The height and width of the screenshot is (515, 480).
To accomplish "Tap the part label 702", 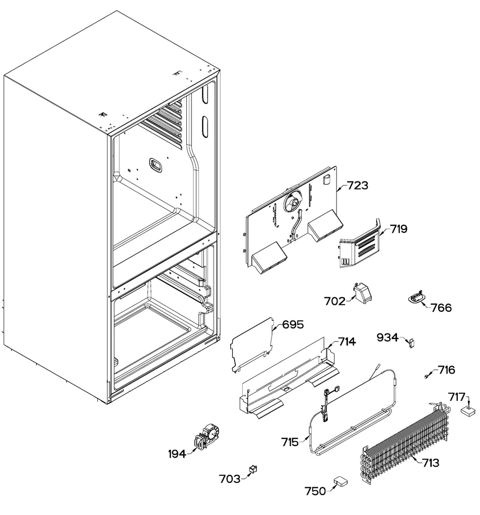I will point(335,301).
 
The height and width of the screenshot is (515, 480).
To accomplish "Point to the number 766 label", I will point(441,307).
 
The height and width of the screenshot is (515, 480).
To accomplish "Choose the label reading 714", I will point(347,342).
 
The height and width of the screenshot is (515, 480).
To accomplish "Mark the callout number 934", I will point(388,337).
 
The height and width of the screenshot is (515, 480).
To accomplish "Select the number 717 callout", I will point(457,397).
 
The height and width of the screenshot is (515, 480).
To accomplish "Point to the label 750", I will point(315,491).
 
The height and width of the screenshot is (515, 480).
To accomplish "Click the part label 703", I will point(230,479).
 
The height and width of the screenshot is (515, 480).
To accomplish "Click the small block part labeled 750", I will point(341,481).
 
